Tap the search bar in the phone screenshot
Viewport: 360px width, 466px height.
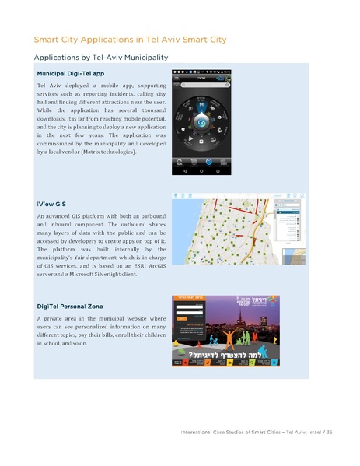click(x=204, y=89)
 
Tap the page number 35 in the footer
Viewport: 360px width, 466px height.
click(x=330, y=433)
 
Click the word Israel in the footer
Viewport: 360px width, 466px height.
click(x=312, y=433)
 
